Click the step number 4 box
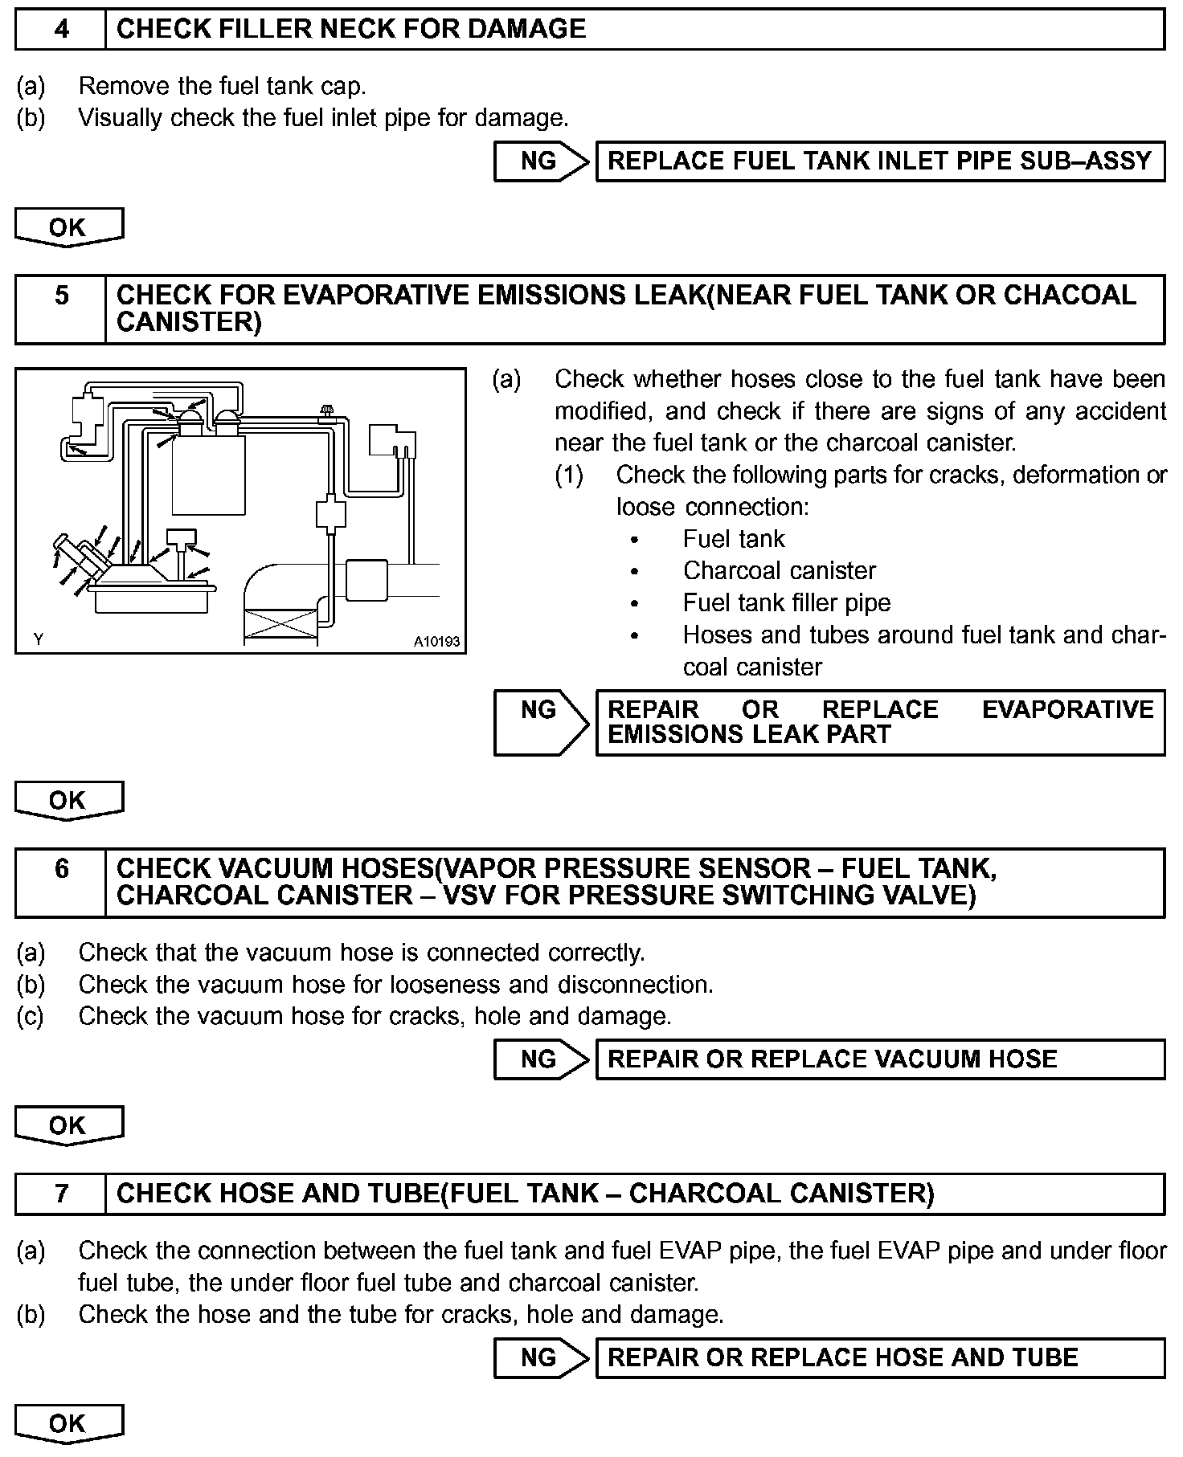tap(61, 30)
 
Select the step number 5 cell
tap(61, 309)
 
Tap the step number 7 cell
tap(61, 1194)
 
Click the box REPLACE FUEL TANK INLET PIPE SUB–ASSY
tap(880, 161)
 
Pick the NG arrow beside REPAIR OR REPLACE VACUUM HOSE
tap(542, 1059)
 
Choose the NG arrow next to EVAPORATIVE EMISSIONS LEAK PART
tap(542, 722)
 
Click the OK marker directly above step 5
tap(68, 227)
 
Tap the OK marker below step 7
tap(68, 1423)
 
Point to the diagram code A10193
tap(436, 642)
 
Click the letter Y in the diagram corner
tap(38, 639)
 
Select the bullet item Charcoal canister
tap(779, 570)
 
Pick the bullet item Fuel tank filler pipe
tap(786, 602)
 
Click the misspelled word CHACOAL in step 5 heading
tap(1070, 296)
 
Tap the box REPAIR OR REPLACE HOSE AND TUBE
tap(880, 1357)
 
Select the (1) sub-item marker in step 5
tap(569, 475)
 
